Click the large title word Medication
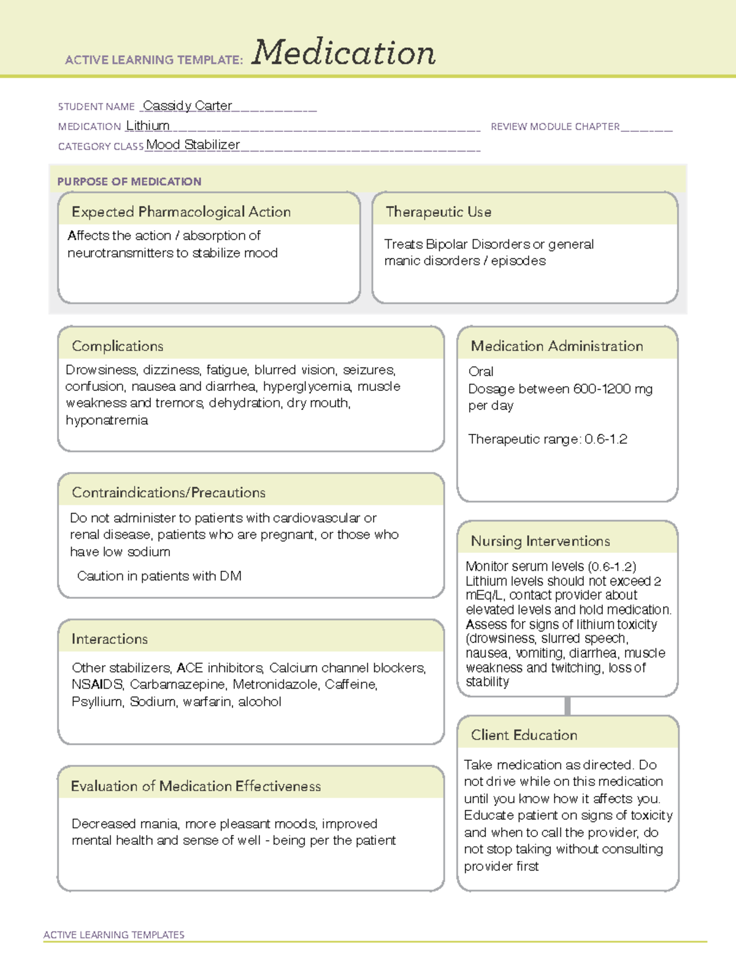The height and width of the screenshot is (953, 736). (x=343, y=53)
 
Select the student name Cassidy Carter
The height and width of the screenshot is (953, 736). (x=187, y=106)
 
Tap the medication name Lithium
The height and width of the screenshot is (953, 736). (x=148, y=125)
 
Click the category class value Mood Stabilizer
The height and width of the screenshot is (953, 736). (x=193, y=145)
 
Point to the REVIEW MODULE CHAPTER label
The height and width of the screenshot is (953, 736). (x=555, y=126)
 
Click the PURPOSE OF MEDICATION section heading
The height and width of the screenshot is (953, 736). (x=129, y=182)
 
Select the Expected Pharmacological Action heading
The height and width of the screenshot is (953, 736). (x=181, y=212)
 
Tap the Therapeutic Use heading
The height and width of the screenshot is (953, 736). (x=439, y=212)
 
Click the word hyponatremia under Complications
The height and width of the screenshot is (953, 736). (x=107, y=420)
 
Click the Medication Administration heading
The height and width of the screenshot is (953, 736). (x=557, y=346)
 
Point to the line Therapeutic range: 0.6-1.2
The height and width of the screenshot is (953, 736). (x=547, y=439)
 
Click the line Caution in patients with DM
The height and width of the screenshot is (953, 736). (x=159, y=576)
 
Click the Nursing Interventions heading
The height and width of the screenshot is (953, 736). (x=540, y=541)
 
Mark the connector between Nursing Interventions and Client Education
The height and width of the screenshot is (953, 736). (x=567, y=706)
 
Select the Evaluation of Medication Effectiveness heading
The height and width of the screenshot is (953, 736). (x=196, y=786)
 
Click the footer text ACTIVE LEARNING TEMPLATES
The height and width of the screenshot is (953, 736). (x=114, y=935)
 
